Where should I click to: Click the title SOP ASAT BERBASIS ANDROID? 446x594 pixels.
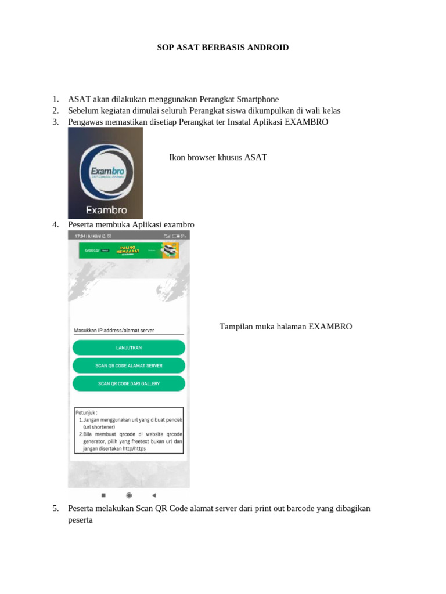coord(222,48)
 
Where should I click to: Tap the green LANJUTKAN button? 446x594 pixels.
coord(128,347)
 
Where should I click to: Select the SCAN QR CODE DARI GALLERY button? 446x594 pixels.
coord(128,383)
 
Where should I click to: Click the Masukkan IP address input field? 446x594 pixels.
coord(128,330)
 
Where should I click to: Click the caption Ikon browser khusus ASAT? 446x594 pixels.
coord(218,157)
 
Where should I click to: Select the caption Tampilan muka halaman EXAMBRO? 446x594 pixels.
coord(286,327)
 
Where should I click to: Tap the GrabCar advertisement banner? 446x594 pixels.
coord(128,250)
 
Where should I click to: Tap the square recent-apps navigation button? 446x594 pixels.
coord(103,495)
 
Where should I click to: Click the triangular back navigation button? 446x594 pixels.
coord(154,495)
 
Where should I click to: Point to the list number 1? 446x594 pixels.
coord(55,99)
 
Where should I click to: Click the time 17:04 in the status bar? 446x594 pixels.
coord(77,236)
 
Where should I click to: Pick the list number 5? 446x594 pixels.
coord(55,508)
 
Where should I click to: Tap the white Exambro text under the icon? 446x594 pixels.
coord(106,210)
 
